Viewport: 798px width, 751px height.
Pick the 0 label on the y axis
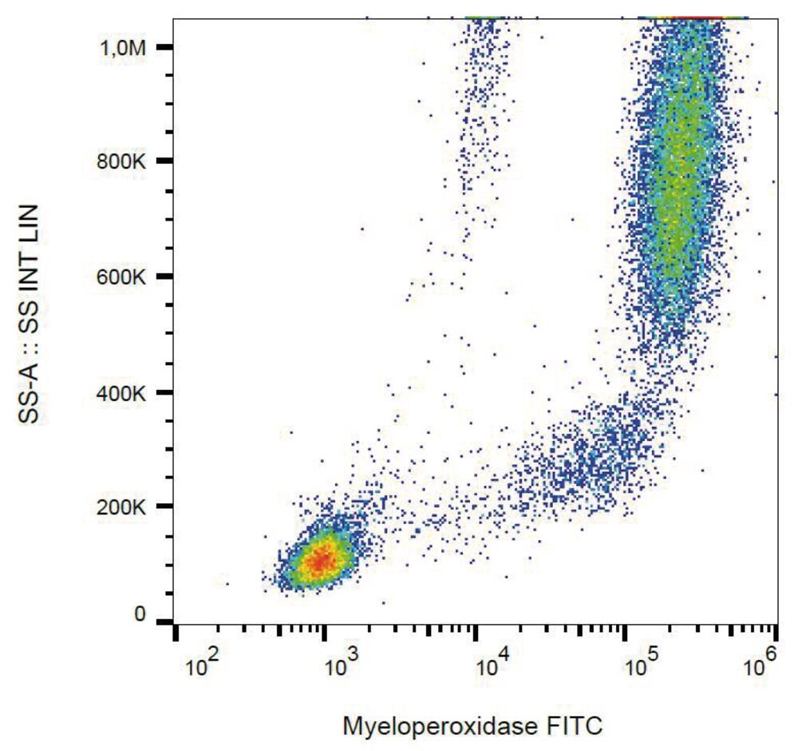[x=139, y=614]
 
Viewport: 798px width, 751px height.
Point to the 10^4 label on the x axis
[x=491, y=665]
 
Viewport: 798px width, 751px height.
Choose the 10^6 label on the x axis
[x=760, y=665]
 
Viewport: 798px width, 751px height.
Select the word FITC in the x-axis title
[x=574, y=726]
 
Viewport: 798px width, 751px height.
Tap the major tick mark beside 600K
[x=165, y=277]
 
